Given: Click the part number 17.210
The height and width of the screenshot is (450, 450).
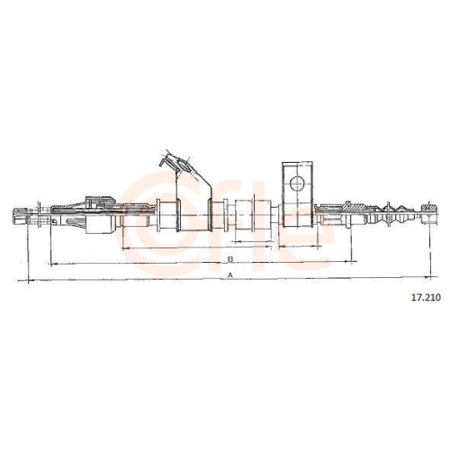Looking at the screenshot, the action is click(426, 297).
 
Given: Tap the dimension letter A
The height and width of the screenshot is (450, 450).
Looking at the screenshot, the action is click(230, 274).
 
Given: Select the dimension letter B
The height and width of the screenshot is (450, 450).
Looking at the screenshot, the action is click(230, 258).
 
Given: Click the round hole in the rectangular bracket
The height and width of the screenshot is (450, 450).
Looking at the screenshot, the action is click(297, 184).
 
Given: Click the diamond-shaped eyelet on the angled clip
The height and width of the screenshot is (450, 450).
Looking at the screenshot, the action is click(183, 166).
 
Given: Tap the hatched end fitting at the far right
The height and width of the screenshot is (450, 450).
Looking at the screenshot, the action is click(429, 213).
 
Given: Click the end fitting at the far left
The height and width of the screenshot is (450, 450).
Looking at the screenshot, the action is click(21, 216).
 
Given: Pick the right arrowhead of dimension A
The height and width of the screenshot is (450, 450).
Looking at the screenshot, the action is click(428, 277).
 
